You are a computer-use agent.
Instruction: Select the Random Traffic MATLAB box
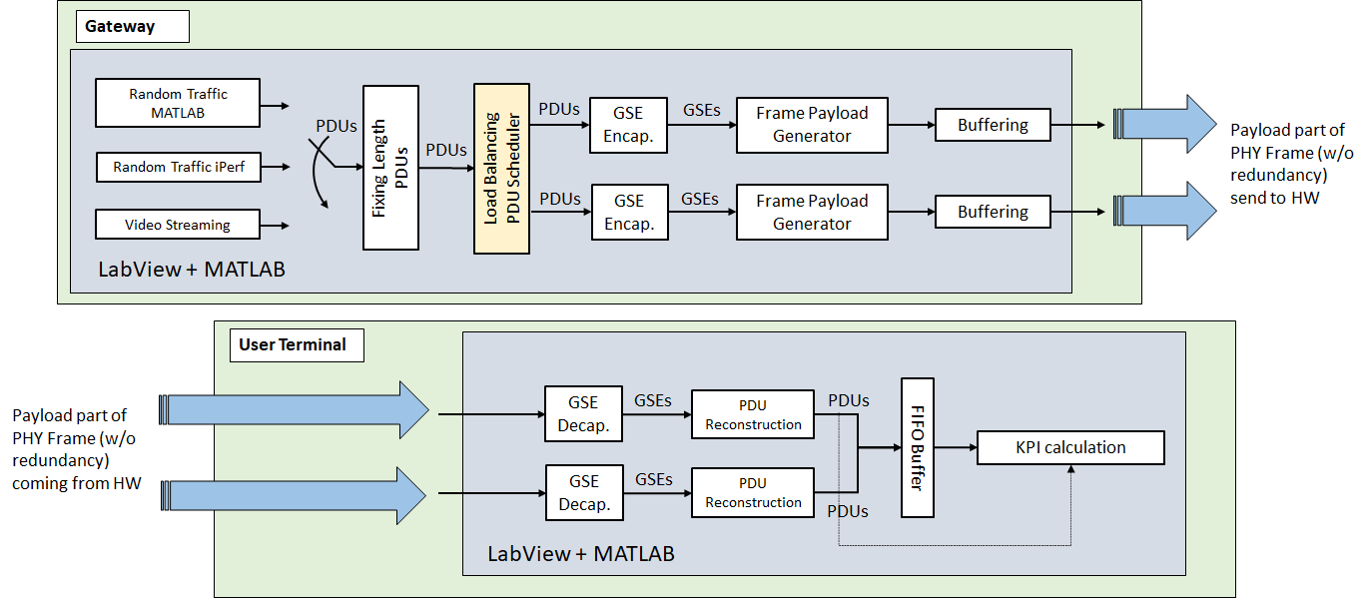pyautogui.click(x=177, y=103)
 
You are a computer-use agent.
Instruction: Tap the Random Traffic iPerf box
pyautogui.click(x=177, y=167)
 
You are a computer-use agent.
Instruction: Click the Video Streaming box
pyautogui.click(x=177, y=225)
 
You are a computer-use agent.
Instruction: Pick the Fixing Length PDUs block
pyautogui.click(x=390, y=168)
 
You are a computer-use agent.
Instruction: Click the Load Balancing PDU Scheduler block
pyautogui.click(x=501, y=168)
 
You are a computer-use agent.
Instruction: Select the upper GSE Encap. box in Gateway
pyautogui.click(x=628, y=125)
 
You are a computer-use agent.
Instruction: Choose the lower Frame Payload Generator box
pyautogui.click(x=811, y=212)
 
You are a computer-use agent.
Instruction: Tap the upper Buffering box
pyautogui.click(x=993, y=125)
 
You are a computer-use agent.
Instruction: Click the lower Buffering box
pyautogui.click(x=993, y=212)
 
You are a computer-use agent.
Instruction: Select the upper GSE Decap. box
pyautogui.click(x=583, y=414)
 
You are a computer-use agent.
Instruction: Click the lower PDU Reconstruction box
pyautogui.click(x=753, y=491)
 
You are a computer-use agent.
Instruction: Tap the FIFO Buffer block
pyautogui.click(x=917, y=447)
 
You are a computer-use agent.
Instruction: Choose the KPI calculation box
pyautogui.click(x=1070, y=447)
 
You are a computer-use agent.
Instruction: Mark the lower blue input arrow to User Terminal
pyautogui.click(x=300, y=493)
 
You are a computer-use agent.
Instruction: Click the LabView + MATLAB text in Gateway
pyautogui.click(x=192, y=270)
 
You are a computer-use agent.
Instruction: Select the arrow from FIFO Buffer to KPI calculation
pyautogui.click(x=955, y=447)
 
